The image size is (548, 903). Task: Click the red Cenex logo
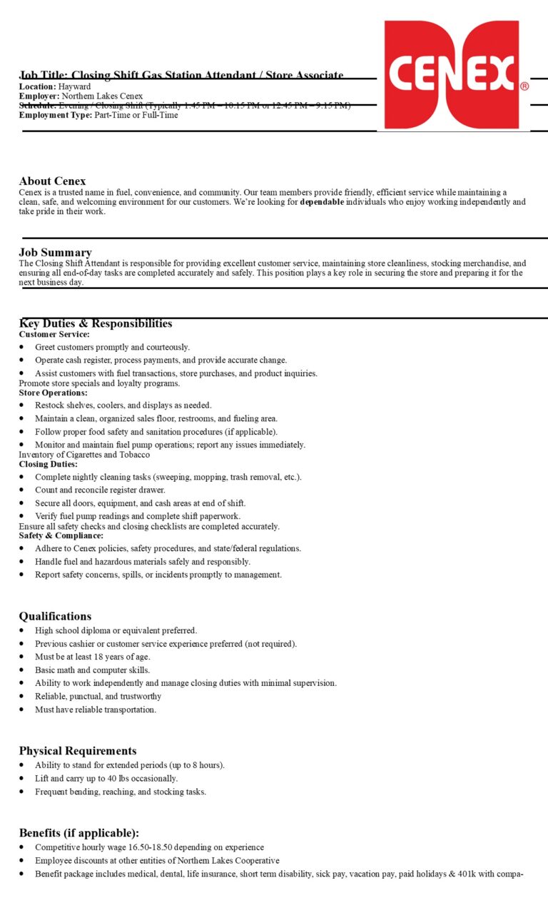tap(452, 74)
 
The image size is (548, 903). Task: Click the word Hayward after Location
tap(74, 86)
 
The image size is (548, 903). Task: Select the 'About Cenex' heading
tap(52, 181)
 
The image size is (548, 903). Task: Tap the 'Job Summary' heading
tap(55, 252)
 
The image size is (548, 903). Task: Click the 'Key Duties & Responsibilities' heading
tap(96, 323)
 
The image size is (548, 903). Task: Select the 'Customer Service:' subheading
tap(54, 334)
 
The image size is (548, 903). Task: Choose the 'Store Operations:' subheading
tap(53, 393)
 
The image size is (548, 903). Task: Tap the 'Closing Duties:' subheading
tap(48, 464)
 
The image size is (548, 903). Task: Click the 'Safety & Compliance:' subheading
tap(61, 535)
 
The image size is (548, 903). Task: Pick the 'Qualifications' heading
tap(55, 616)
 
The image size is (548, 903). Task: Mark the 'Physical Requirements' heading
tap(77, 750)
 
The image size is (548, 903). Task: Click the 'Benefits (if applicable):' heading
tap(78, 833)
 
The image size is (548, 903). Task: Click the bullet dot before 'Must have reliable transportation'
tap(22, 710)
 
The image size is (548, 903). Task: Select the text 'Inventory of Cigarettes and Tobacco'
tap(84, 455)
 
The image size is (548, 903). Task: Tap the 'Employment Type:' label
tap(55, 115)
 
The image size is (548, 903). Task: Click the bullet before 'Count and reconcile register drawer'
tap(22, 490)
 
